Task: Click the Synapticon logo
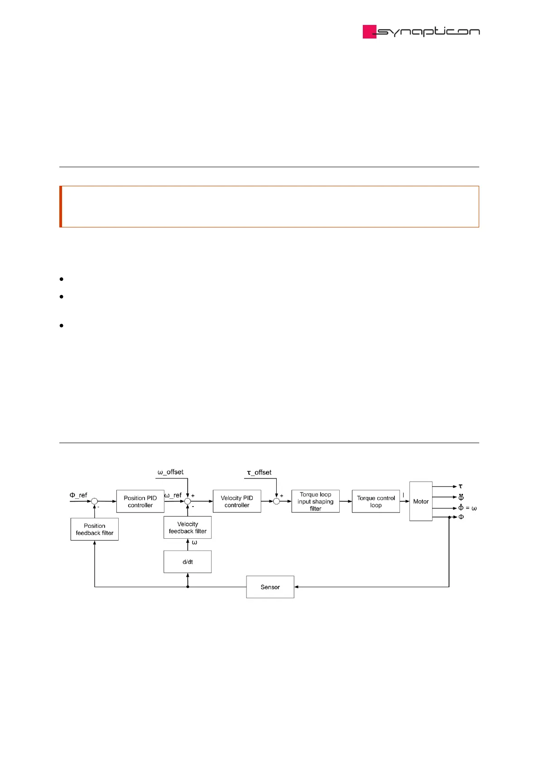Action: [421, 32]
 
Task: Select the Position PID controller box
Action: [140, 501]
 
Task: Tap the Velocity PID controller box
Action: [237, 501]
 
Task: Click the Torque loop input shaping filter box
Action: [315, 501]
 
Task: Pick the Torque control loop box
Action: [375, 501]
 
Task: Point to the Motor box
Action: [420, 501]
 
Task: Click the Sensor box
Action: [270, 587]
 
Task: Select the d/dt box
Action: [188, 562]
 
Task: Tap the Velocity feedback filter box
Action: [188, 527]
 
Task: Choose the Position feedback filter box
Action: [94, 529]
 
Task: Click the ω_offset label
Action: [170, 472]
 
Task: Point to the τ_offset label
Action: [259, 472]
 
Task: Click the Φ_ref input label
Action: [78, 495]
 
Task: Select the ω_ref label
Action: [173, 495]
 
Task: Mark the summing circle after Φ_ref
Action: [94, 501]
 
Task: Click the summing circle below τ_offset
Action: [276, 501]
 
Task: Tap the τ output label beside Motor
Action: [461, 486]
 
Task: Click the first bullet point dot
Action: [61, 279]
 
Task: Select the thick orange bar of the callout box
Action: [61, 206]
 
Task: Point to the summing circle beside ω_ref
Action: [188, 501]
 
